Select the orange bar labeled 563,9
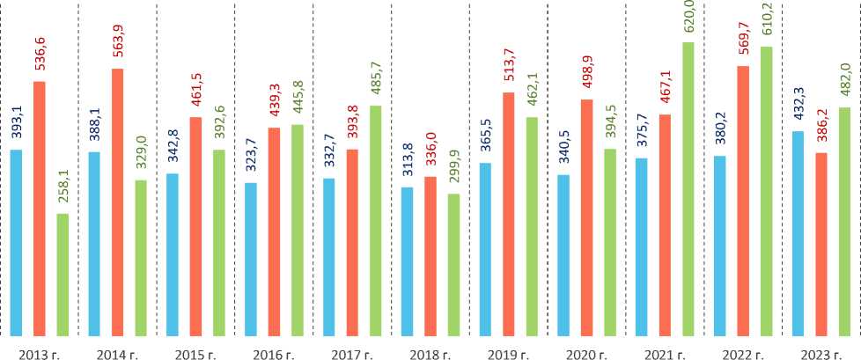click(x=117, y=202)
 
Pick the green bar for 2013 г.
click(x=62, y=274)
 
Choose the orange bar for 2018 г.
click(x=430, y=255)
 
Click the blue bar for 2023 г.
click(x=798, y=233)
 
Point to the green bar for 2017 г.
click(x=376, y=220)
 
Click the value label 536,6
click(x=40, y=54)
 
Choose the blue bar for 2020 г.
click(x=563, y=254)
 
